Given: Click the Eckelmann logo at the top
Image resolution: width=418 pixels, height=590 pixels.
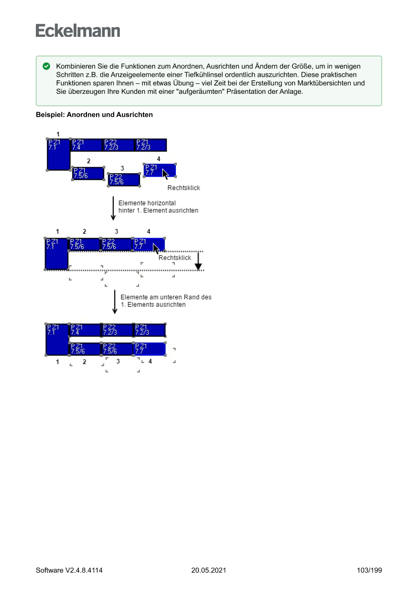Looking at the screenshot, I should click(78, 31).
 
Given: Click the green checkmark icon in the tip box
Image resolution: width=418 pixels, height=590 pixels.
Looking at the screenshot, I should click(46, 67).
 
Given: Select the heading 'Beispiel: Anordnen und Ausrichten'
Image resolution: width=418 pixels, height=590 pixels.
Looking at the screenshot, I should click(94, 115).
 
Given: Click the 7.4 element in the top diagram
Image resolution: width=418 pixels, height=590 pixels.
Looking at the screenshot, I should click(85, 145).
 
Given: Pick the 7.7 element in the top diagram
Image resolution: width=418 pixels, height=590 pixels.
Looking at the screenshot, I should click(160, 171).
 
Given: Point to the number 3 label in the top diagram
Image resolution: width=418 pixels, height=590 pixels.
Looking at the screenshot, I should click(122, 168).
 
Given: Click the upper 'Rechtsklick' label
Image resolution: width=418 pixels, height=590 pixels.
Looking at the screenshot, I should click(183, 188).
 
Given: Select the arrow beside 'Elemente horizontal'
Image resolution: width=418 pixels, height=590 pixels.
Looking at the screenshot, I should click(113, 207).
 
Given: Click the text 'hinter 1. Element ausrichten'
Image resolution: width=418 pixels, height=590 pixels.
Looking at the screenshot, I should click(158, 210).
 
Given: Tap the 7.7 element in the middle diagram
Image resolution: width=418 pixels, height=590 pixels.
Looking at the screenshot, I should click(148, 245).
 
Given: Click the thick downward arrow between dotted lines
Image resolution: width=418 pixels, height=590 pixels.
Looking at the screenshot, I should click(198, 260).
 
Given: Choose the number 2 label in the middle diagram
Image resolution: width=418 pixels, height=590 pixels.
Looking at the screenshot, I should click(84, 231).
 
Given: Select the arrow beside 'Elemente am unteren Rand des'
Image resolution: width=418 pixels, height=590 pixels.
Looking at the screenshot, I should click(115, 302).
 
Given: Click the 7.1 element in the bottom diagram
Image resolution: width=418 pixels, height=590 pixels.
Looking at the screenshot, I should click(57, 339).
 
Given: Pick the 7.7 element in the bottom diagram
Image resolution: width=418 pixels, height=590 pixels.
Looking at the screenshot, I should click(149, 349).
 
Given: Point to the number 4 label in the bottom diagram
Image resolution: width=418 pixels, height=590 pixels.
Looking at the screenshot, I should click(150, 361).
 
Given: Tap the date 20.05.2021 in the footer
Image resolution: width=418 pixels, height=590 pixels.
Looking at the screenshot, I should click(209, 570).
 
